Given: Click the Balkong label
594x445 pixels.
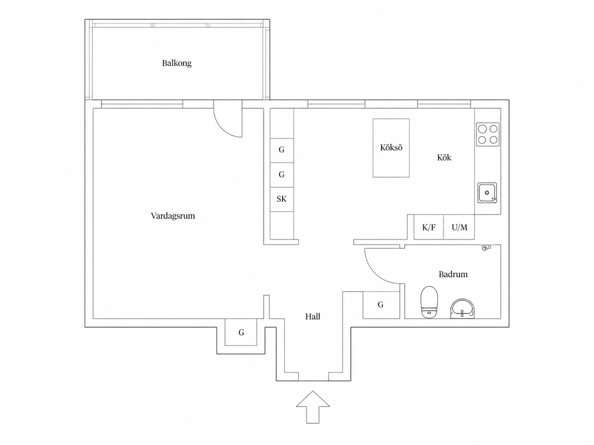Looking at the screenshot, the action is point(177,63).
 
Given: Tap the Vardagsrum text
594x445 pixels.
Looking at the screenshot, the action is point(173,216).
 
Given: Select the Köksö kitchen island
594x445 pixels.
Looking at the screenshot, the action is point(391,148).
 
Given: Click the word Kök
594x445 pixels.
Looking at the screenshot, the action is point(444,157).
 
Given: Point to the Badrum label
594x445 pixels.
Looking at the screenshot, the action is point(453,274).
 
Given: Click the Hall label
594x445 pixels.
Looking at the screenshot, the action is point(313,316).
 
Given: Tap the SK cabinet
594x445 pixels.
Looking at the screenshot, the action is point(282,200).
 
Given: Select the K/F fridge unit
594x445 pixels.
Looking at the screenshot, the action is point(429,227).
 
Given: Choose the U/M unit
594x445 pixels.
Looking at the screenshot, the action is point(459,227).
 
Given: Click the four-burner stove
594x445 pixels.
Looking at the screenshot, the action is point(488,134).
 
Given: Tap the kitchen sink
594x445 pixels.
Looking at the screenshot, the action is point(487,193).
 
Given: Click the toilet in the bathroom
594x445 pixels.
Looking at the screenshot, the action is point(430,302).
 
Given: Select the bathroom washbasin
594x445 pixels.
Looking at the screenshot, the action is point(462,309).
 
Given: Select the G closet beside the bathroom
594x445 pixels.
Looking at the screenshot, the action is point(381,305).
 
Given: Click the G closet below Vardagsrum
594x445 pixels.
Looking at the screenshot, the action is point(241,332).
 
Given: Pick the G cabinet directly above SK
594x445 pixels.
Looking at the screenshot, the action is point(282,175).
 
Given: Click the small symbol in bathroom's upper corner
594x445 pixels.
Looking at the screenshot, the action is point(486,247).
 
